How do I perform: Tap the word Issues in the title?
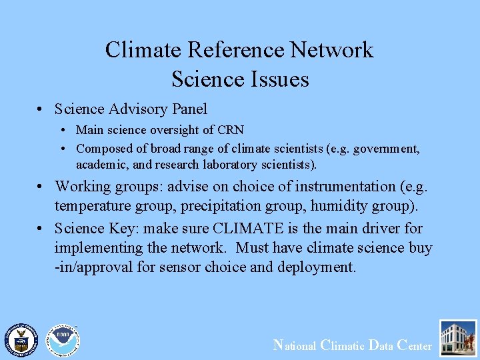pyautogui.click(x=278, y=79)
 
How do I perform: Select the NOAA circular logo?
pyautogui.click(x=62, y=339)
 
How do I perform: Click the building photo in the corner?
pyautogui.click(x=458, y=338)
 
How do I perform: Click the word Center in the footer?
pyautogui.click(x=414, y=345)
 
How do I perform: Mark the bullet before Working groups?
pyautogui.click(x=41, y=187)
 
